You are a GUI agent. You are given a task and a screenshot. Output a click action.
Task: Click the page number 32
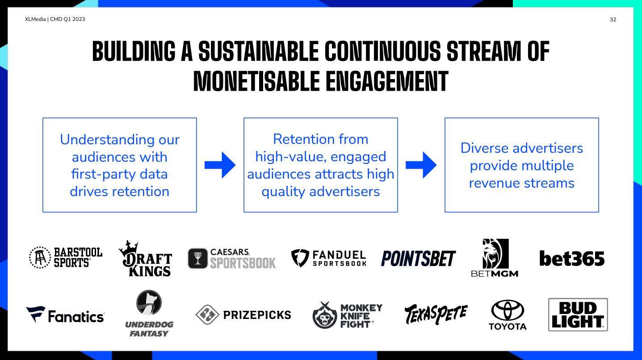coord(613,20)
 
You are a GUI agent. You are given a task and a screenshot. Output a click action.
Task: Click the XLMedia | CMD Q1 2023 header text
coord(55,19)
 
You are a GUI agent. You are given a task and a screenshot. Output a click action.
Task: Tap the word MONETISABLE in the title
coord(256,81)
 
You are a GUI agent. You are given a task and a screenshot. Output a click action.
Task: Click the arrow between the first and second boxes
coord(220,165)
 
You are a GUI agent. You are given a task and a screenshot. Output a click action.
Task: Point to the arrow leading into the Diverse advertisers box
coord(421,165)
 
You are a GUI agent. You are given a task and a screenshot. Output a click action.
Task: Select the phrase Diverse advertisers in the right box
coord(522,148)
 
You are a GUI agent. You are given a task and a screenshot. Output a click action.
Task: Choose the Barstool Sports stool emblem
coord(40,257)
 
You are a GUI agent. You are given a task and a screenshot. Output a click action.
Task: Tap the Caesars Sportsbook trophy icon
coord(198,258)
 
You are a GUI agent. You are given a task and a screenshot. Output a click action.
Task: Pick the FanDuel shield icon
coord(300,258)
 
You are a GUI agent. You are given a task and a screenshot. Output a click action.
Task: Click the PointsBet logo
coord(418,258)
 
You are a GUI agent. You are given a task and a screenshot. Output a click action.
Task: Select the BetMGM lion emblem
coord(495,253)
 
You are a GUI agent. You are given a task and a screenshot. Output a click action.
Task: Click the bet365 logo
coord(572,258)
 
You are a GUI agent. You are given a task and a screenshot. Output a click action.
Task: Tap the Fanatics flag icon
coord(36,314)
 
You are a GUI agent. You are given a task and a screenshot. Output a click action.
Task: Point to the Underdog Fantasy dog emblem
coord(149,302)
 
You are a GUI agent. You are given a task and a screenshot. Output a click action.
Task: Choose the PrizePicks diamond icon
coord(207,315)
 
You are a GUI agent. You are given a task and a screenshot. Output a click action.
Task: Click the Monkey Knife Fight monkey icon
coord(325,315)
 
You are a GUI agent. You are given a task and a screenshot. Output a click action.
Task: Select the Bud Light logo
coord(578,315)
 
